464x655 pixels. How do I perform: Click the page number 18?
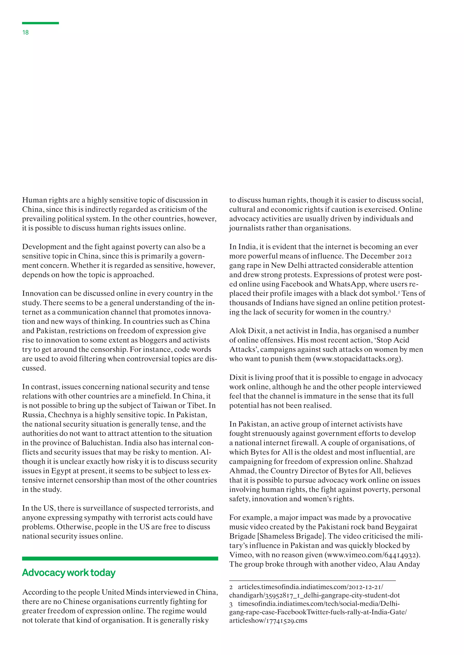point(25,33)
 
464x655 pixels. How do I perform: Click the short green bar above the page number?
point(40,23)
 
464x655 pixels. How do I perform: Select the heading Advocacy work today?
point(69,572)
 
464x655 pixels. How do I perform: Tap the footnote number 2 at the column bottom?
point(231,587)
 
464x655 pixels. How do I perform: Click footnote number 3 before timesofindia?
point(231,604)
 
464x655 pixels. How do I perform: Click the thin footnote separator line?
point(312,581)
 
